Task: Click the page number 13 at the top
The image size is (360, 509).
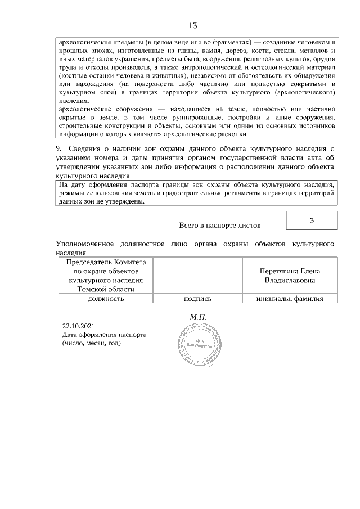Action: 192,26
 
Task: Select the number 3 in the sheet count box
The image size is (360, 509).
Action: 312,220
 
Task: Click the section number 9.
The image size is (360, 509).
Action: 58,148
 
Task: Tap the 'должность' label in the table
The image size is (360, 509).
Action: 105,299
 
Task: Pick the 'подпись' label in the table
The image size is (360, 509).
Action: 197,299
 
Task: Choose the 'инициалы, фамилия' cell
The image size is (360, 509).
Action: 290,299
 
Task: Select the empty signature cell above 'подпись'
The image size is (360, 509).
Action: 197,275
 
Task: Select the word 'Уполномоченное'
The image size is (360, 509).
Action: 85,244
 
